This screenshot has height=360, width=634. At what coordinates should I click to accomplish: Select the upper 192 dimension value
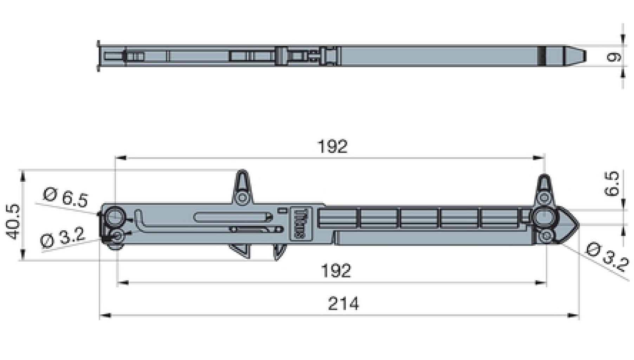tap(332, 147)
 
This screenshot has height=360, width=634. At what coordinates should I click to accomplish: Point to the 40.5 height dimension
tap(13, 222)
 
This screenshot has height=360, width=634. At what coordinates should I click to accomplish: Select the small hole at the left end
tap(116, 236)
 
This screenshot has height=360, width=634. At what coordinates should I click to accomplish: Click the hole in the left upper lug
tap(242, 197)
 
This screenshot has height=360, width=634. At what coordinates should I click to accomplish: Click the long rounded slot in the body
tap(231, 217)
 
